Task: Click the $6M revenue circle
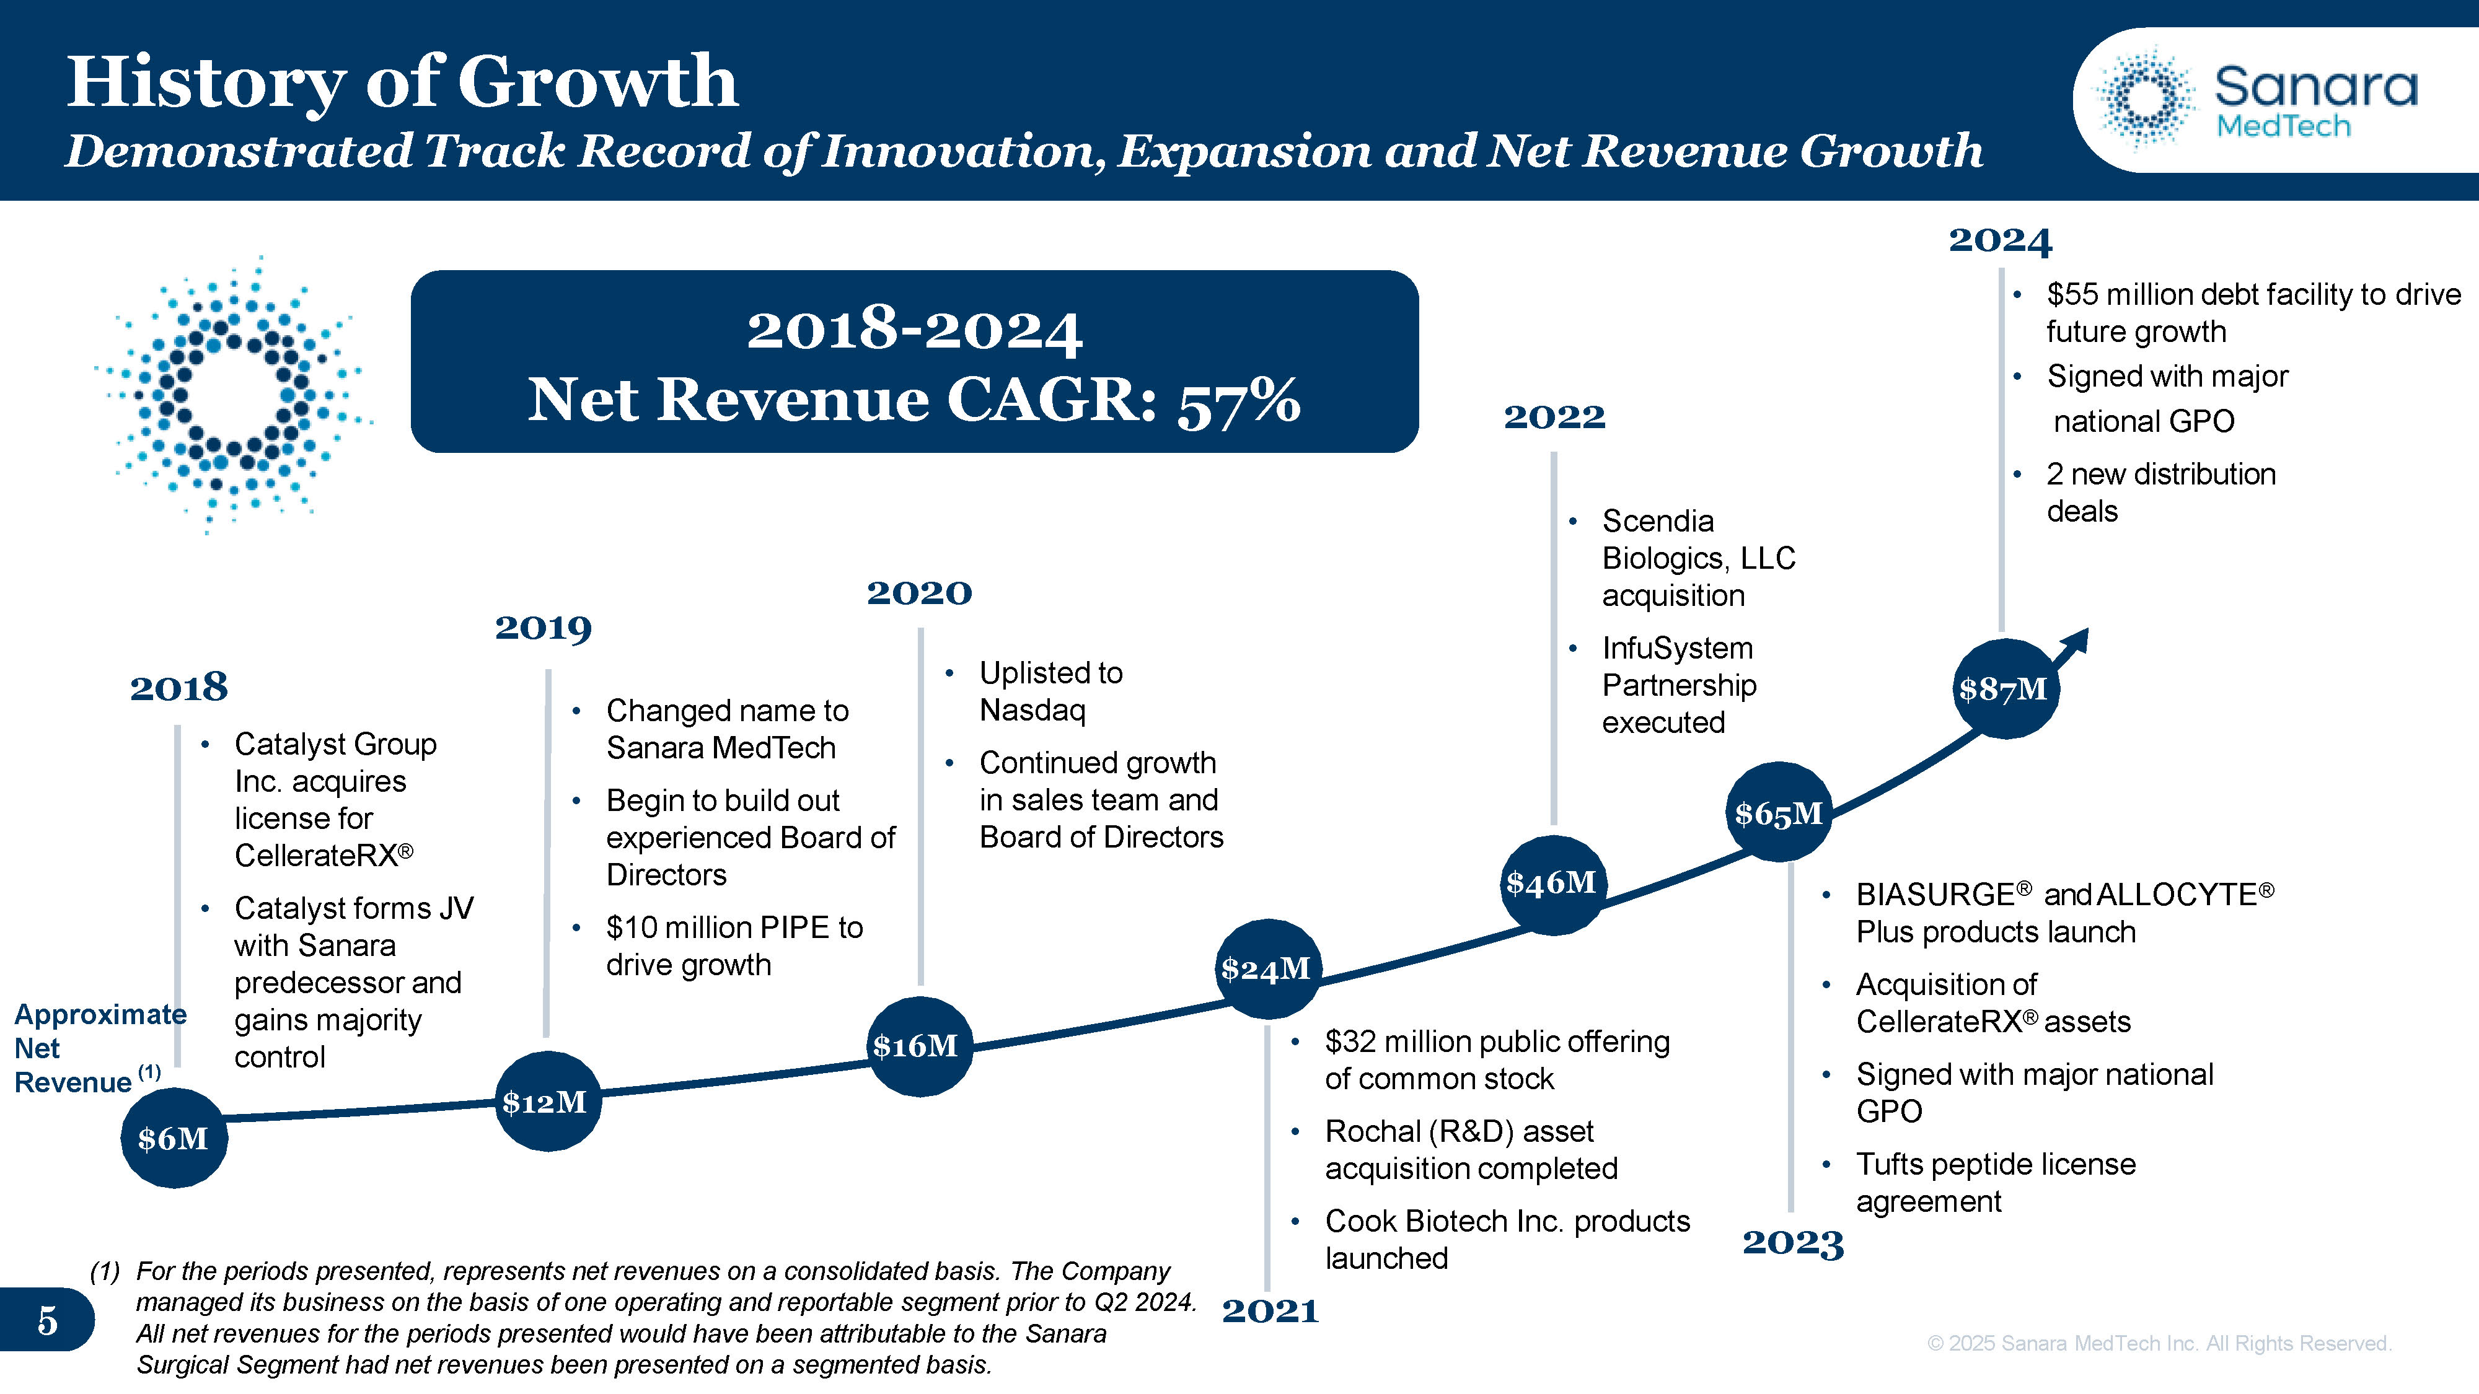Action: point(174,1138)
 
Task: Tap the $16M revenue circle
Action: point(917,1046)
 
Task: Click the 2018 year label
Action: point(179,687)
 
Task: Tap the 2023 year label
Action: point(1793,1242)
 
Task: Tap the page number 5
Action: point(47,1321)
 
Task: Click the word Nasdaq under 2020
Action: point(1032,710)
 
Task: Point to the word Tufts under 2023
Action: point(1890,1164)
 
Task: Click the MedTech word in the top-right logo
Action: point(2283,126)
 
